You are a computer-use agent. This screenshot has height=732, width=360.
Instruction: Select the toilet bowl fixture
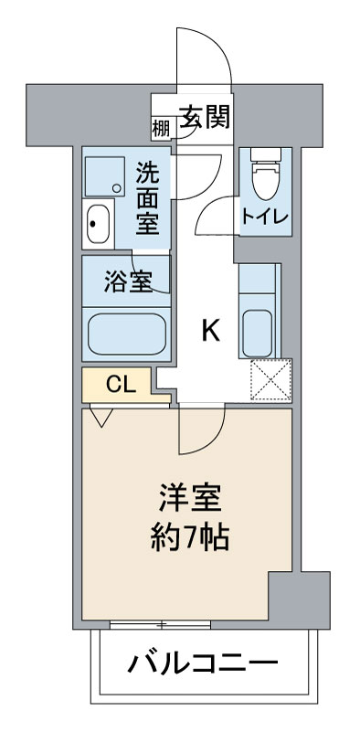265,175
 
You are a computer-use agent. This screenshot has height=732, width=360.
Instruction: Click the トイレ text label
265,217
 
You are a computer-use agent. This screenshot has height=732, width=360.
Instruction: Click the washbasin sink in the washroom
99,224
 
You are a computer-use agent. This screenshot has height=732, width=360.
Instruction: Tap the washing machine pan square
105,176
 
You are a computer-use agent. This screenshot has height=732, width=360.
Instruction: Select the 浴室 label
128,281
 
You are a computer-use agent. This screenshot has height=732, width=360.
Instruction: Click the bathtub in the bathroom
127,334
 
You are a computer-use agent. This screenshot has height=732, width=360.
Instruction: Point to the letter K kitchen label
210,332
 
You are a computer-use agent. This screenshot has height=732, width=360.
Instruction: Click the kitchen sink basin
258,334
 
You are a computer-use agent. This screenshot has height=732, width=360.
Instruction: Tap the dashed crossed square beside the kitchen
270,380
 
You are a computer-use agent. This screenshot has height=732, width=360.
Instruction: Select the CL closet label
121,385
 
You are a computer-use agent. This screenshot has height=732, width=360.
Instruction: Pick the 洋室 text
189,498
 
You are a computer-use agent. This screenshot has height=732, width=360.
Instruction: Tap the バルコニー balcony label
203,663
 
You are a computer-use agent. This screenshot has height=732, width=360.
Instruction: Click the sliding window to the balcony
160,624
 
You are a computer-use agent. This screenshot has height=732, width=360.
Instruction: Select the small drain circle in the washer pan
117,188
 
